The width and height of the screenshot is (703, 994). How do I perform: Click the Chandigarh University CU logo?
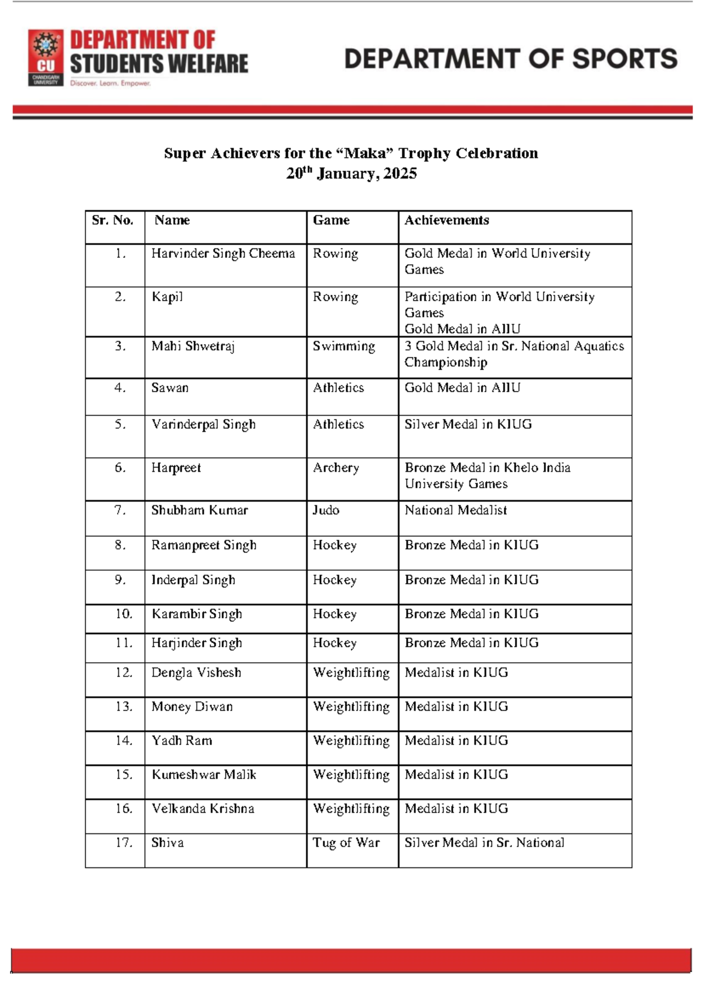[46, 58]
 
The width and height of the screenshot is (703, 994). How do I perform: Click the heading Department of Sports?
[511, 59]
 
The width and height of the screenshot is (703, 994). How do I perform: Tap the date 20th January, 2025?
[351, 173]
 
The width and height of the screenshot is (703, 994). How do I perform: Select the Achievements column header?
[446, 220]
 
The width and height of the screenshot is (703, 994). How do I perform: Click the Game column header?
[331, 220]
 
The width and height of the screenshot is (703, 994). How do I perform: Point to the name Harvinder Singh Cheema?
[223, 253]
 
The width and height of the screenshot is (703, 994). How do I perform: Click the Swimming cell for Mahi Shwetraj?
[344, 346]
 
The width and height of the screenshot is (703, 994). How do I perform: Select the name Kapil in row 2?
[167, 297]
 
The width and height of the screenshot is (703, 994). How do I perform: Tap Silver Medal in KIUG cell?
[468, 424]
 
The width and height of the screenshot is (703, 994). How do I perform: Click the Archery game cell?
[336, 468]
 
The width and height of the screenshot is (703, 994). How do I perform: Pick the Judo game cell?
[326, 510]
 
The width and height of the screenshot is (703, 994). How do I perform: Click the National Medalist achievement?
[455, 510]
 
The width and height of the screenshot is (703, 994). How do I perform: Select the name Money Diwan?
[192, 707]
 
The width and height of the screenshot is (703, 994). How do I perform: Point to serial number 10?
[124, 614]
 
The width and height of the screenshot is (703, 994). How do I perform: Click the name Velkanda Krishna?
[203, 809]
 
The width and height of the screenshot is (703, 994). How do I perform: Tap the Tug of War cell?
[346, 843]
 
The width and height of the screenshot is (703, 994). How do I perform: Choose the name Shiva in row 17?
[168, 843]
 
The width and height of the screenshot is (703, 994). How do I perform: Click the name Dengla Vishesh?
[196, 673]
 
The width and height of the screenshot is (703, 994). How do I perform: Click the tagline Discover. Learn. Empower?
[110, 84]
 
